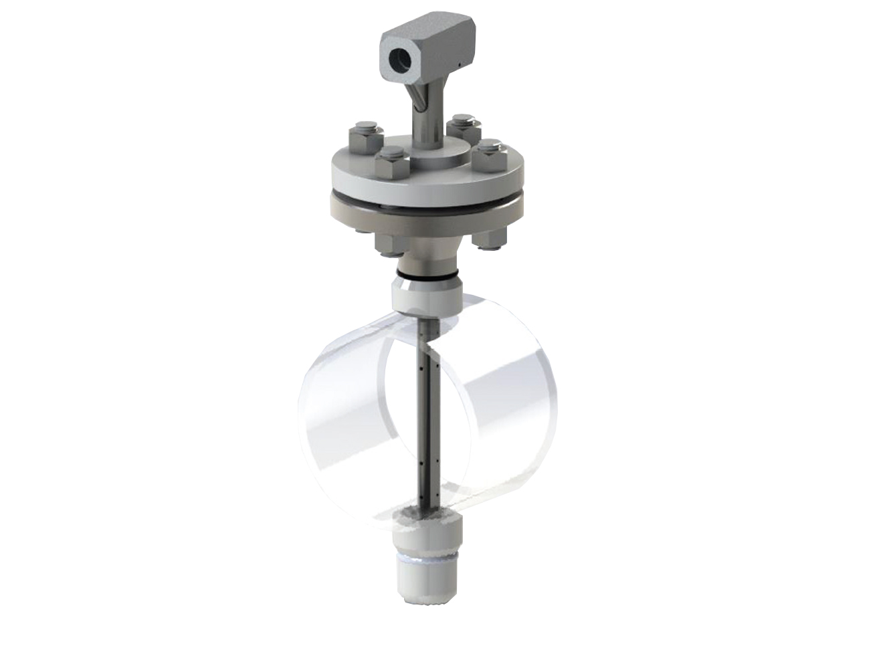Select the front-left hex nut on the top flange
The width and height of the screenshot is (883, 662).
pyautogui.click(x=389, y=161)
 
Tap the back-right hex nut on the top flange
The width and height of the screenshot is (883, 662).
pyautogui.click(x=461, y=126)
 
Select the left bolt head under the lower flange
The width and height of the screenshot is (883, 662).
pyautogui.click(x=388, y=245)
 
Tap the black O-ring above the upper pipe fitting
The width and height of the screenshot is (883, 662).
pyautogui.click(x=429, y=275)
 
